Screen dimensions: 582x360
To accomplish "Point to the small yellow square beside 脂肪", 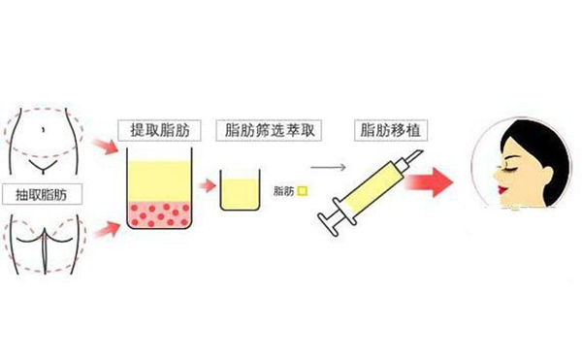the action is (x=303, y=191).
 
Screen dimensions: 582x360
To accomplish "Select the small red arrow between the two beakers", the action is (x=207, y=185).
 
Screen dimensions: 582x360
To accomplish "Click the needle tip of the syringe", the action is (x=422, y=152).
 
